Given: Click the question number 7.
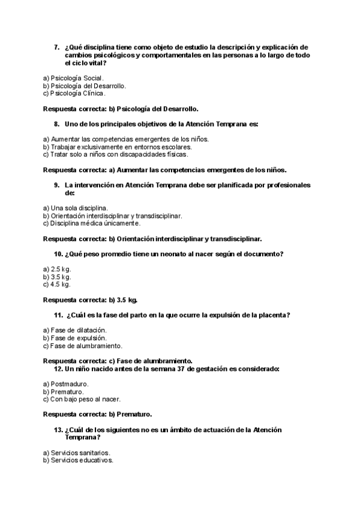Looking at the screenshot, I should (56, 47).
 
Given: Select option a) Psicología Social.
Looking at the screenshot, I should (74, 78).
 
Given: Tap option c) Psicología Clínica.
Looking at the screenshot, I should (74, 93).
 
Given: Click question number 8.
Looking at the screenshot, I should (56, 124).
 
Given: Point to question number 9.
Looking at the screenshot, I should (56, 185).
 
